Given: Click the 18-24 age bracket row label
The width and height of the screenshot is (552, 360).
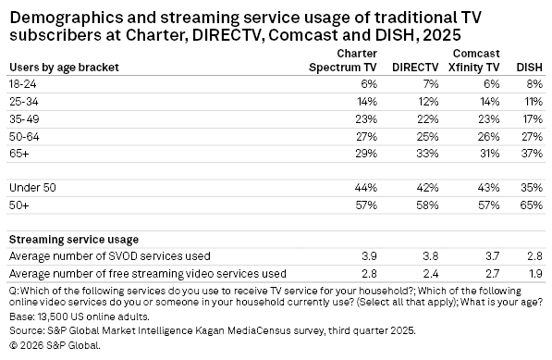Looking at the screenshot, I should coord(24,84).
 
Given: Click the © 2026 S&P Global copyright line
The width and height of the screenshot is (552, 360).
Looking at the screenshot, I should coord(55,344).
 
